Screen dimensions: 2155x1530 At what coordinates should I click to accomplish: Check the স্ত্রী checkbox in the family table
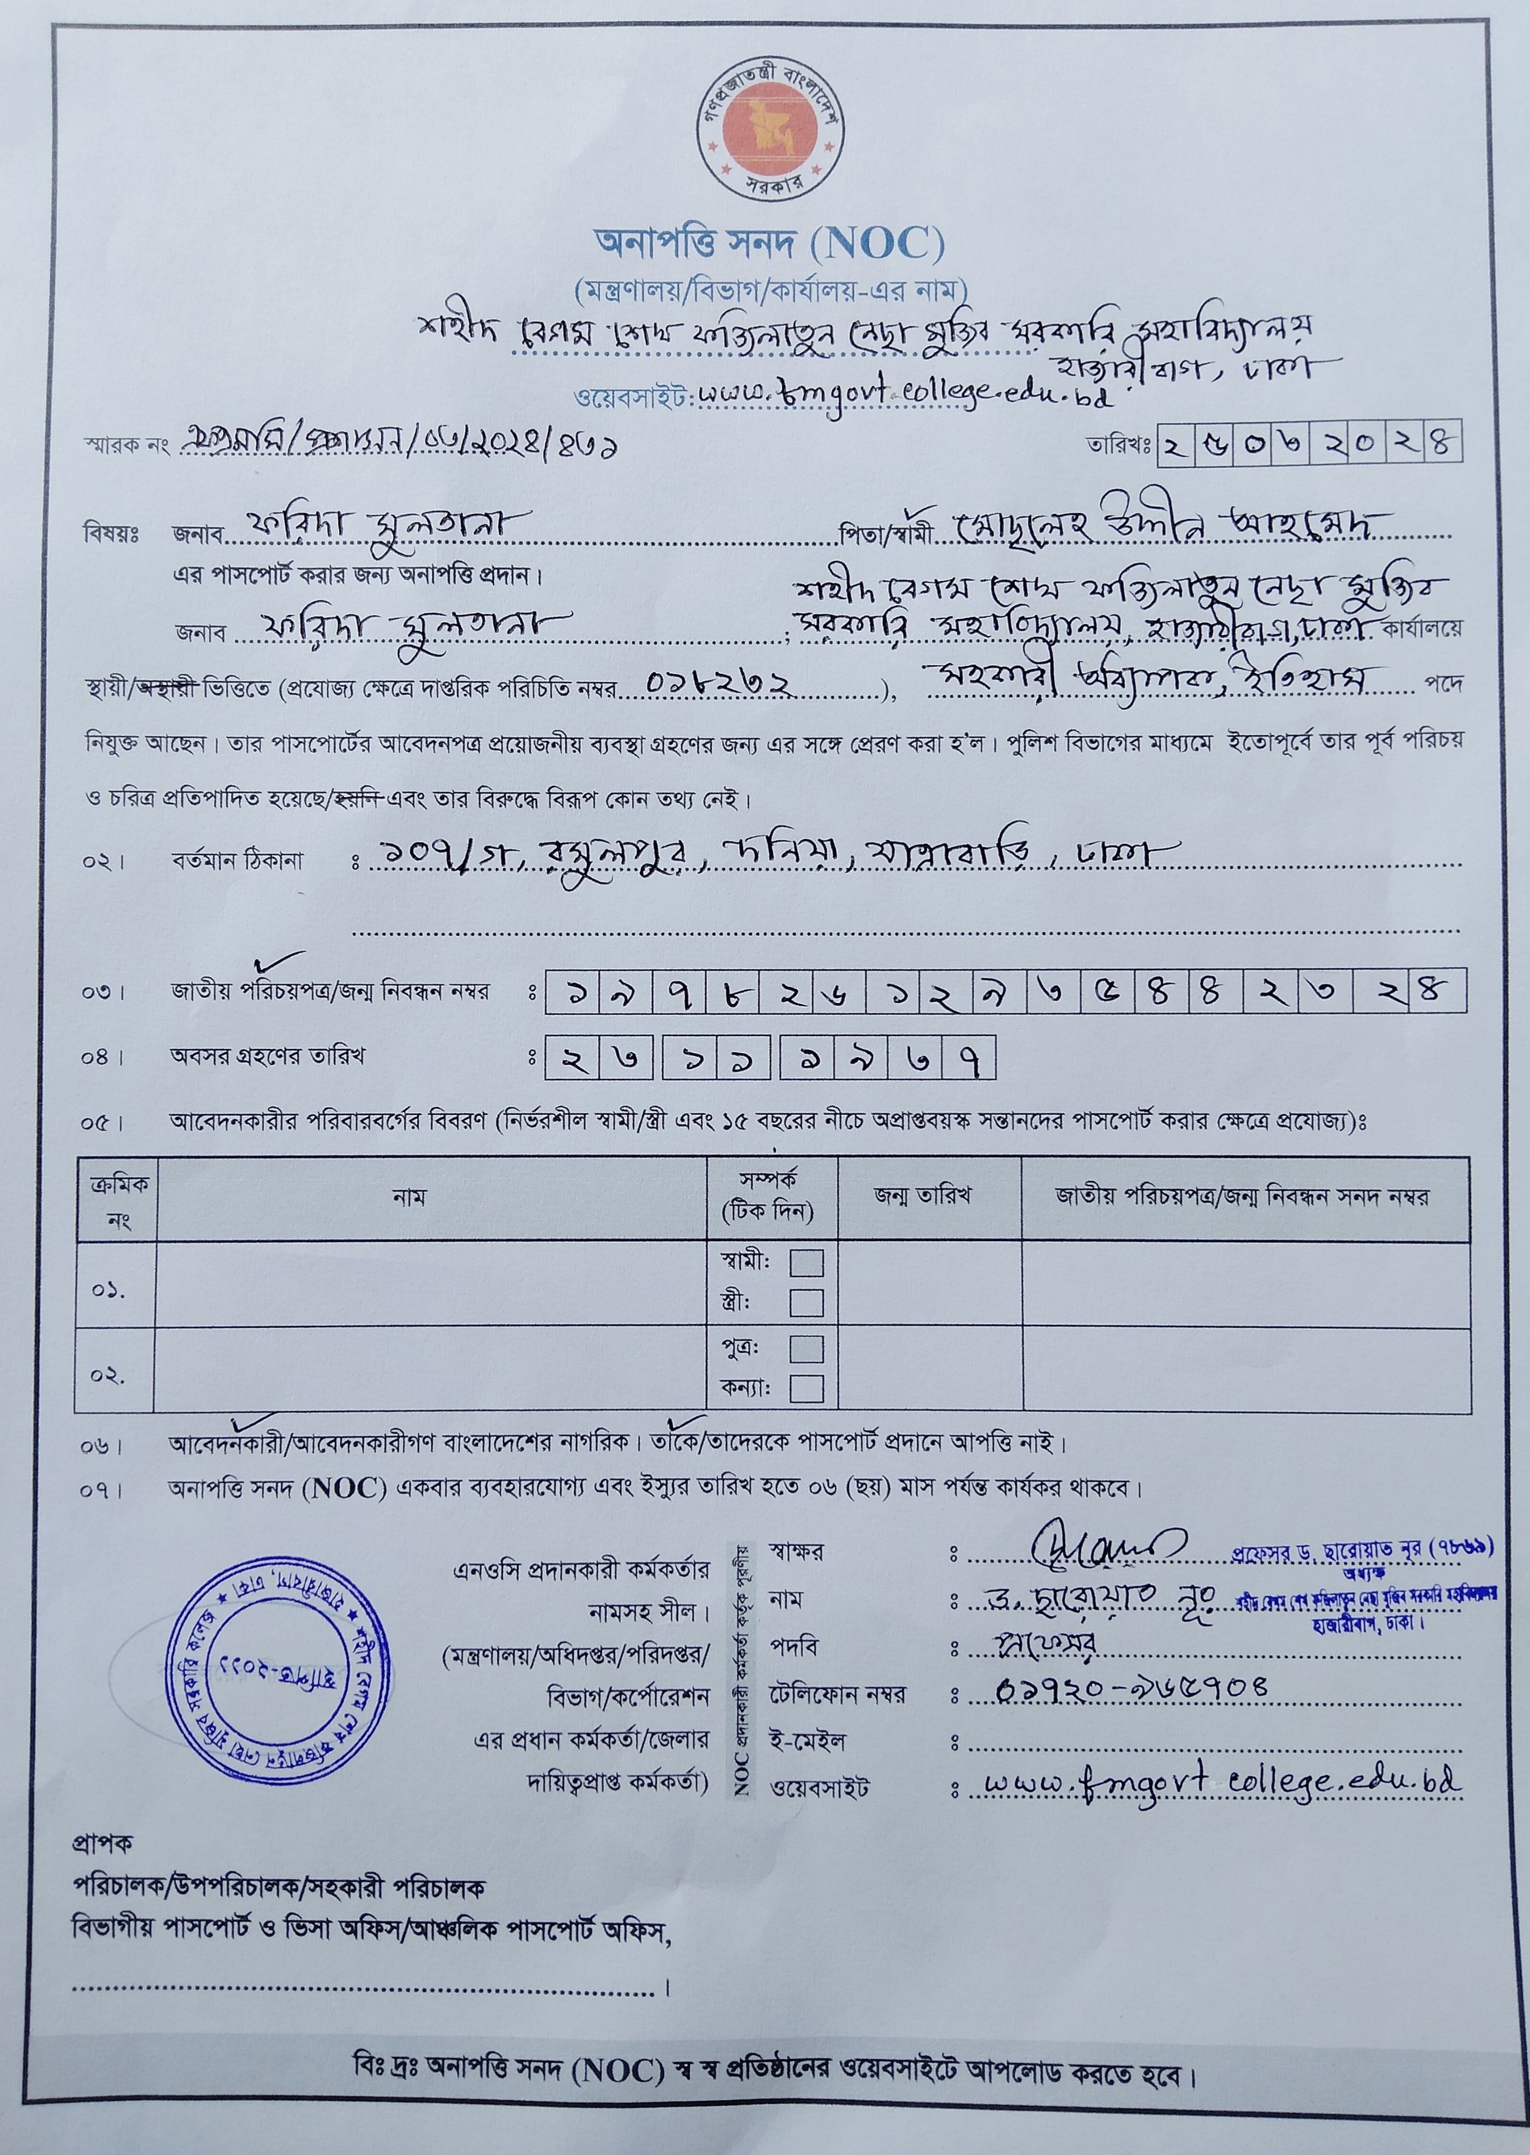[x=806, y=1304]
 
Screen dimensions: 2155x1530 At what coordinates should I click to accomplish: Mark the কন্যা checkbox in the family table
[x=806, y=1389]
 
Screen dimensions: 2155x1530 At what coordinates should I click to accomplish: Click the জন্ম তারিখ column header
[x=922, y=1196]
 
